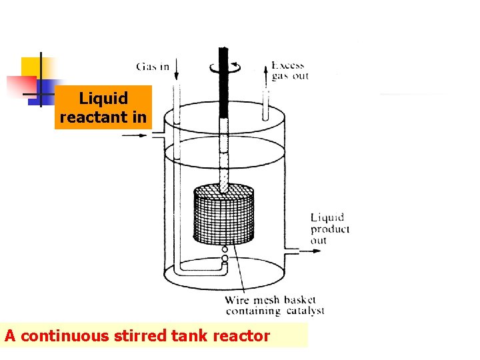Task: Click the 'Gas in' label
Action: coord(153,66)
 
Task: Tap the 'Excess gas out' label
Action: coord(289,71)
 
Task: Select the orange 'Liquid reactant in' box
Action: coord(103,107)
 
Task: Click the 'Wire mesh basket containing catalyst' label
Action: coord(275,305)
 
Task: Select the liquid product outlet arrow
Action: coord(303,251)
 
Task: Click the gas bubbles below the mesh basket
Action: coord(225,254)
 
